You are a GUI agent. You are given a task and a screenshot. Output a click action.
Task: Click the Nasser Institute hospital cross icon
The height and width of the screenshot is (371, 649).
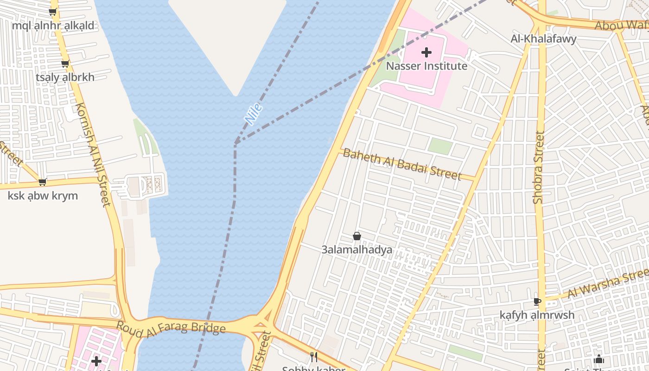point(426,52)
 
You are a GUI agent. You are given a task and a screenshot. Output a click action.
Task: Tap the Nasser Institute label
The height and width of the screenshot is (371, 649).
point(426,66)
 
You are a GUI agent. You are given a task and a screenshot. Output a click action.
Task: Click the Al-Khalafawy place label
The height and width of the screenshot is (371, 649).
point(543,39)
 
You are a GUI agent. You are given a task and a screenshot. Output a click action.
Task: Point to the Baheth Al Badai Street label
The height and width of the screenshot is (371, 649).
point(402,165)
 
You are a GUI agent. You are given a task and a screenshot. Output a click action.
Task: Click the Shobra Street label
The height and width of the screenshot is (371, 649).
point(538,167)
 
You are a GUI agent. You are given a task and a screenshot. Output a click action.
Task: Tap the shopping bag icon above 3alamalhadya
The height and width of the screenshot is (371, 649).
point(357,237)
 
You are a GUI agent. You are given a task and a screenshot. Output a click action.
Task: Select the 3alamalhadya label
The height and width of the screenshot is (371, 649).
point(357,249)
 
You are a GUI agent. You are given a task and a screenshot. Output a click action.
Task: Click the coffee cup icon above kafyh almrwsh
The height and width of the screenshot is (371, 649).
point(537,301)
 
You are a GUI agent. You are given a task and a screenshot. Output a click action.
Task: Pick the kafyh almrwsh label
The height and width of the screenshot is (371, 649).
point(537,315)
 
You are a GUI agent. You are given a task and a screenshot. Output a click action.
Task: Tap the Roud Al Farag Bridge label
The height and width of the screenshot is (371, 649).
point(171,326)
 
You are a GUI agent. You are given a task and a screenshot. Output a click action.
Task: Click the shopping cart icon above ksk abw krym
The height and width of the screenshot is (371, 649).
point(43,182)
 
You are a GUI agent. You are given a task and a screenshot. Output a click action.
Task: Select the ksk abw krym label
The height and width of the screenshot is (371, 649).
point(43,196)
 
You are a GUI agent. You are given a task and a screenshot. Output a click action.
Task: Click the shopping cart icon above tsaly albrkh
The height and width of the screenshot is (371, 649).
point(65,64)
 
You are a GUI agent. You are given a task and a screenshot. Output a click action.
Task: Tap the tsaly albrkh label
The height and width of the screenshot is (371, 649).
point(65,77)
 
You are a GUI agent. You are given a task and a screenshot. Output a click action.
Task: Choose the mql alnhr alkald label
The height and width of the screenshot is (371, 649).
point(53,26)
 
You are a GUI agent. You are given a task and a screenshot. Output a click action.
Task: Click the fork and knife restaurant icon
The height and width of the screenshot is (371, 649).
point(314,357)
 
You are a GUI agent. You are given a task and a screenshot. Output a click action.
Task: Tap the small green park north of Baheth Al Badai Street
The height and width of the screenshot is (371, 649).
point(440,147)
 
